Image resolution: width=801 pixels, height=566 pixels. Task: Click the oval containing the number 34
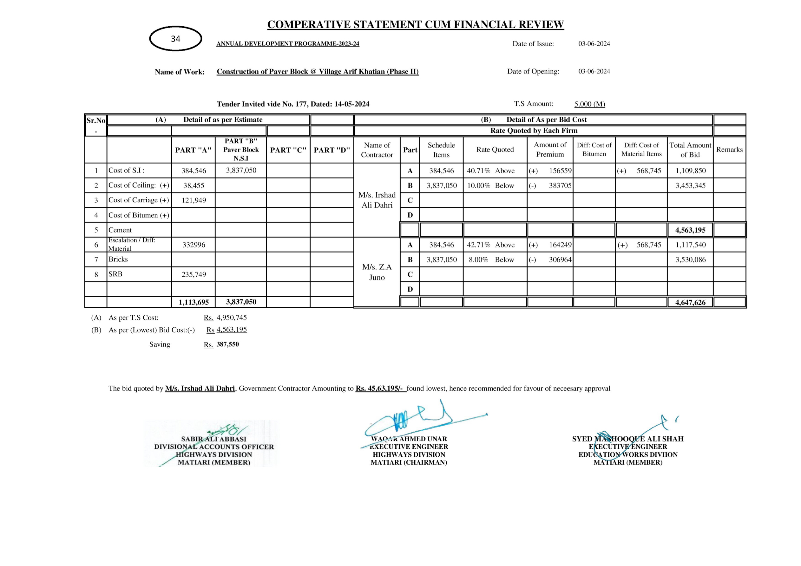[x=175, y=39]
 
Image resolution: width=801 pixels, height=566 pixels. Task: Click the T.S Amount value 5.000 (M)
[x=590, y=104]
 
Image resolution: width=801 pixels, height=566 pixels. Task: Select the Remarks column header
[x=730, y=150]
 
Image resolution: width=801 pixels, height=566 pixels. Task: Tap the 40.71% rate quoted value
[x=478, y=171]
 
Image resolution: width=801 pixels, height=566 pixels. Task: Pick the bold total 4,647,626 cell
[x=690, y=302]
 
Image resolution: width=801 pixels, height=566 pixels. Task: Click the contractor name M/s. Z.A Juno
[x=377, y=272]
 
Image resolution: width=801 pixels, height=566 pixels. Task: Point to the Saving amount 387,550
[x=227, y=344]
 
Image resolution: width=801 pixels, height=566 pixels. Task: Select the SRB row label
[x=115, y=274]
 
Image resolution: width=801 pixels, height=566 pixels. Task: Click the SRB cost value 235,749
[x=194, y=275]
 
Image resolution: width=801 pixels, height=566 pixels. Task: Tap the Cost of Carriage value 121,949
[x=194, y=200]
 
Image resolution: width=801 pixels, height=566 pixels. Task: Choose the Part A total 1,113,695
[x=194, y=302]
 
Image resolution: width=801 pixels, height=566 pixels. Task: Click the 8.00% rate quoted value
[x=478, y=260]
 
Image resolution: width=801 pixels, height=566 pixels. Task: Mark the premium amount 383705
[x=560, y=186]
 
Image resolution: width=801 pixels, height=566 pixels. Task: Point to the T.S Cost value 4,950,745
[x=232, y=318]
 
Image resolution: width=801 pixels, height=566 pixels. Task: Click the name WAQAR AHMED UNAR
[x=409, y=439]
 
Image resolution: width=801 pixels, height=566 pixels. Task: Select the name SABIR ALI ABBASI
[x=213, y=439]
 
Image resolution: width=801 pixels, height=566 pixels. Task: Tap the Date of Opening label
[x=533, y=71]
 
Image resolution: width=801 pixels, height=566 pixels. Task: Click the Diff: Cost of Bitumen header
[x=594, y=150]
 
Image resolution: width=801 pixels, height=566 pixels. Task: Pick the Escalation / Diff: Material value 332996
[x=194, y=245]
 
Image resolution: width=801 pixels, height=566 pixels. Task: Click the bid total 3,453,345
[x=690, y=186]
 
